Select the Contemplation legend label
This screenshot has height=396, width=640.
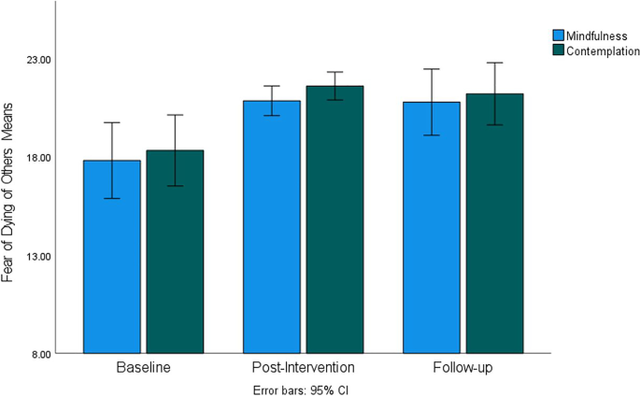coord(603,51)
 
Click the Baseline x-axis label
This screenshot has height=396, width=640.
coord(143,368)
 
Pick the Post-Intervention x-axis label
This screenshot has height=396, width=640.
coord(304,368)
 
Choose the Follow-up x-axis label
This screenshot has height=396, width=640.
coord(463,368)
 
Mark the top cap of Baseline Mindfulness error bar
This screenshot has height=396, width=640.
coord(111,122)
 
